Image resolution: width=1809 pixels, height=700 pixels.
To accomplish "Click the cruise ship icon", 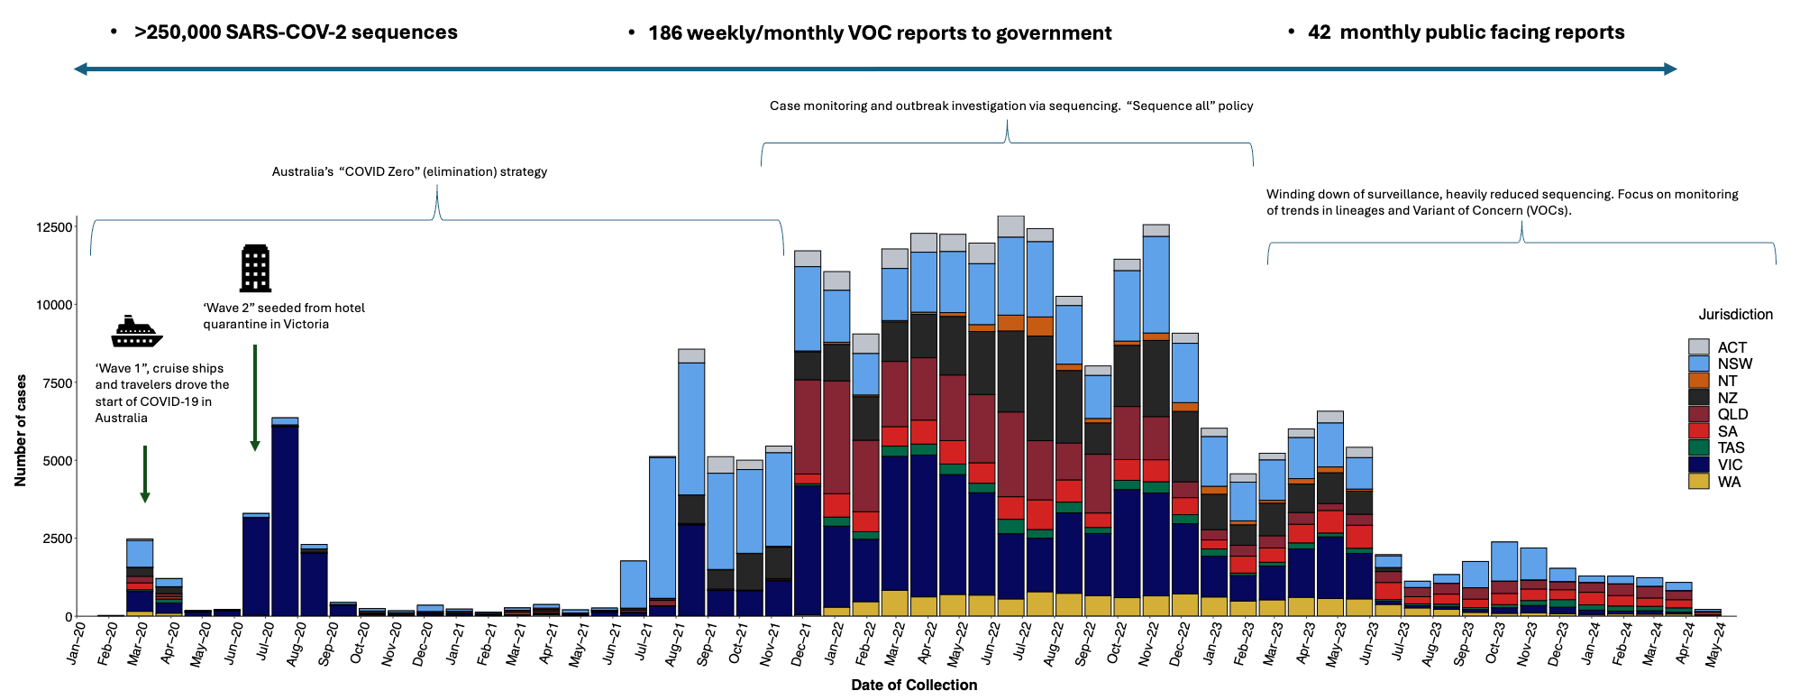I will coord(136,332).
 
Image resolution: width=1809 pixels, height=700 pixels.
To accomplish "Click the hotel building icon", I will coord(255,268).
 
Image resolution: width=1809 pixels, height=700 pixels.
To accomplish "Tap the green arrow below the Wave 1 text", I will coord(144,474).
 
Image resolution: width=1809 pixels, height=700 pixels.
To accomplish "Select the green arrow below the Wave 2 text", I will coord(255,397).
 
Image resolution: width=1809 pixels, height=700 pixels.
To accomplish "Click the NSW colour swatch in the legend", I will coord(1698,364).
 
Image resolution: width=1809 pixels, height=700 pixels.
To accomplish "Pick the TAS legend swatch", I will coord(1698,447).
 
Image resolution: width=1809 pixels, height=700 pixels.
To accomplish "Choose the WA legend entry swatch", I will coord(1698,482).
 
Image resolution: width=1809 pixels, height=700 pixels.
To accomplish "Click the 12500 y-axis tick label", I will coord(53,227).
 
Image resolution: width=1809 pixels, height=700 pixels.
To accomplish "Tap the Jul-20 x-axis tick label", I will coord(265,642).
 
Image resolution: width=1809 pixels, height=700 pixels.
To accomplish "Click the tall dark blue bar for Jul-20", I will coord(285,523).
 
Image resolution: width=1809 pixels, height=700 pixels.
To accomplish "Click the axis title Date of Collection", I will coord(914,685).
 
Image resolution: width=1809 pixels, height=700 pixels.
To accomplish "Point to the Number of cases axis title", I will coord(21,430).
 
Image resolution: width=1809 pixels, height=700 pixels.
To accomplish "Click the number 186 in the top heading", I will coord(665,33).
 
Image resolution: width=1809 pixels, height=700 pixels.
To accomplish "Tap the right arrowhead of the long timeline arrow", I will coord(1669,69).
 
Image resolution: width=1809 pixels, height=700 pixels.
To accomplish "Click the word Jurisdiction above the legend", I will coord(1735,315).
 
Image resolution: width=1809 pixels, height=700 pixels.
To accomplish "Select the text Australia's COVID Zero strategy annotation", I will coord(409,171).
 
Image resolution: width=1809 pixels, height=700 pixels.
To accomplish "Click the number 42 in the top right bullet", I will coord(1319,32).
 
